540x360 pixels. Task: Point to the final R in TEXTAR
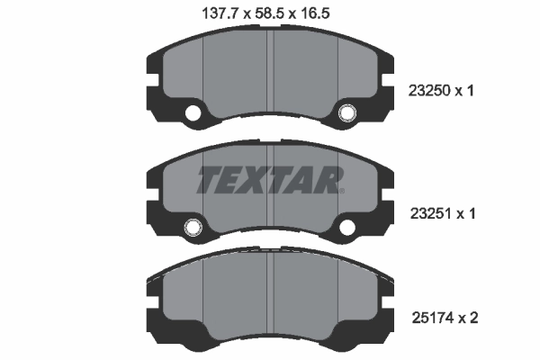pos(326,181)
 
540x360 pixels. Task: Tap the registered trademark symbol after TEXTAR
pos(340,190)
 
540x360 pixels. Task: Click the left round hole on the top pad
pos(192,114)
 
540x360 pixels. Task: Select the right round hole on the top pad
pos(347,114)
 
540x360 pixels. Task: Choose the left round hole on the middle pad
pos(192,226)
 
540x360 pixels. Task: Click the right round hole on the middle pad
pos(347,226)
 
